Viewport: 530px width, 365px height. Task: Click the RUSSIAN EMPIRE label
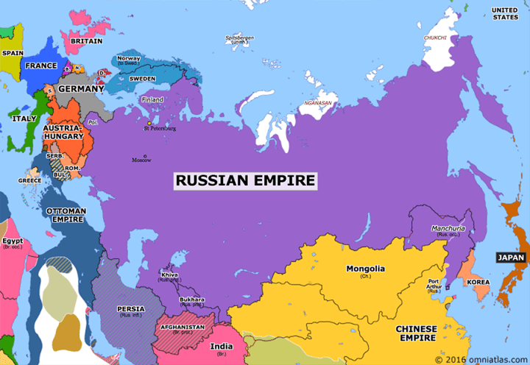tap(245, 180)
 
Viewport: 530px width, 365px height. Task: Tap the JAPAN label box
tap(510, 258)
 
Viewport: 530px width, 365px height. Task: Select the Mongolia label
tap(365, 269)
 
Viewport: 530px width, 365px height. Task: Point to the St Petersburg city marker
tap(149, 123)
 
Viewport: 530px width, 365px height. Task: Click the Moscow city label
tap(141, 160)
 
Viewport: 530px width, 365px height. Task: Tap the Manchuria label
tap(448, 228)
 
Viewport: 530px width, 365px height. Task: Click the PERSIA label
tap(130, 309)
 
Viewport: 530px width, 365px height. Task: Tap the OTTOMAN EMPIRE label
tap(66, 214)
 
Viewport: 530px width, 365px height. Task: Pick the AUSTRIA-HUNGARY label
tap(63, 132)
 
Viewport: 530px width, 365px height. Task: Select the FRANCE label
tap(40, 65)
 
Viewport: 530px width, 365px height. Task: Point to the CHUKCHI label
tap(434, 38)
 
